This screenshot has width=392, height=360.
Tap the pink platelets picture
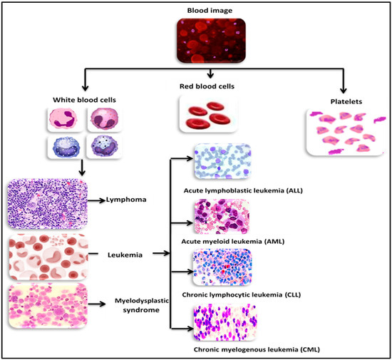341,133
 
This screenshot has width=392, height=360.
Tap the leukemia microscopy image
46,256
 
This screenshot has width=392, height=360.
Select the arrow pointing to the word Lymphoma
96,202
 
